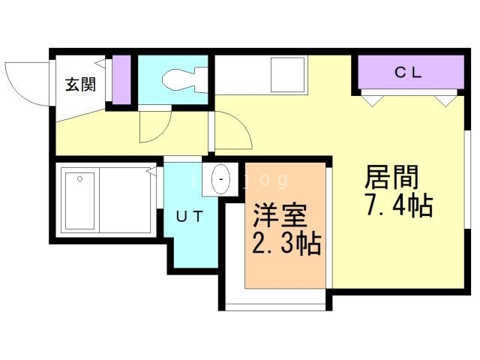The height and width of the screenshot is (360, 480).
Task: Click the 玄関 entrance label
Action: (79, 85)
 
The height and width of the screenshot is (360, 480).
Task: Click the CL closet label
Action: (409, 73)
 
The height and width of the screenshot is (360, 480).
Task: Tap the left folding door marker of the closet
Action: (370, 97)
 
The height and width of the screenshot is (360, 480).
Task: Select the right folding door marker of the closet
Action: (448, 97)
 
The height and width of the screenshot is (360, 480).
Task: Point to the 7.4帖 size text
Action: (398, 205)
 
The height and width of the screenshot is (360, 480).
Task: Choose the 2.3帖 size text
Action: (286, 244)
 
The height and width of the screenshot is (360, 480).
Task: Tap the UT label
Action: (189, 217)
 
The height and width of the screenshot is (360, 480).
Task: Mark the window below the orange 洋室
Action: (276, 304)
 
